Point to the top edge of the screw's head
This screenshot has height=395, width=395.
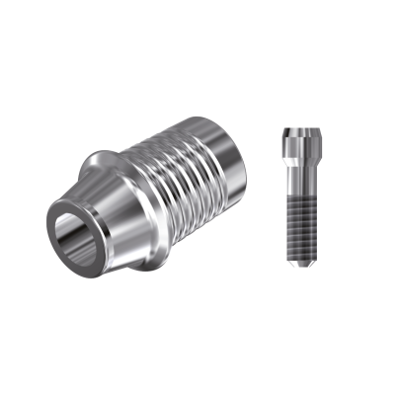coord(301,128)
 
